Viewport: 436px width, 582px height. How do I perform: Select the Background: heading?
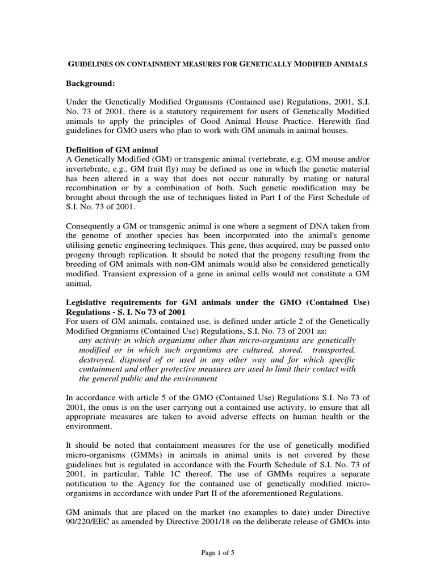(91, 84)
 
